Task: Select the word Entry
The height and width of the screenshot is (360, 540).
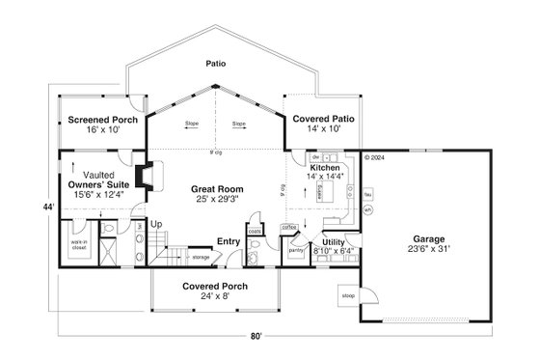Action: (x=229, y=241)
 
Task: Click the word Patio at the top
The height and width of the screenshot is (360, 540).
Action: (x=216, y=64)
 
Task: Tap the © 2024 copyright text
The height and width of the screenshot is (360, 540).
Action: (x=374, y=156)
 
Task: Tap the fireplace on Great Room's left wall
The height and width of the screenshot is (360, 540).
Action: (x=141, y=177)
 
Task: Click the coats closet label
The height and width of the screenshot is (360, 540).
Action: (x=254, y=231)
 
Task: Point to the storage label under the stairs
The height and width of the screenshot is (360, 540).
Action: (x=200, y=258)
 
